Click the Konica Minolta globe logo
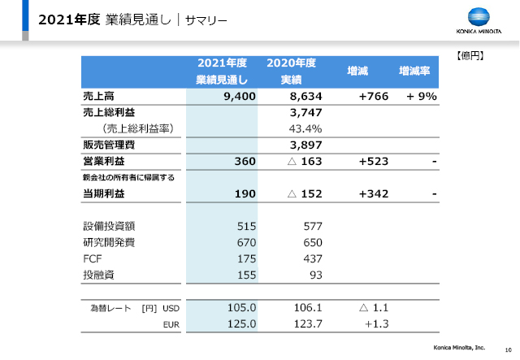coord(479,16)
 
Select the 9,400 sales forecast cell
coord(240,96)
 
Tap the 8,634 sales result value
coord(305,96)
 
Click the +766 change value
coord(374,96)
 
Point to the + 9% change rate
coord(422,96)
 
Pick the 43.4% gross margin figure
coord(305,128)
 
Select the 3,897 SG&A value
coord(305,145)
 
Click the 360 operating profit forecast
coord(245,161)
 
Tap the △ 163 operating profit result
coord(305,161)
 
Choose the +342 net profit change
coord(374,193)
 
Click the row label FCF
coord(92,258)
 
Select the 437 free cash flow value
coord(313,258)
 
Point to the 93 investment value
coord(316,275)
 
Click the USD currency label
coord(171,308)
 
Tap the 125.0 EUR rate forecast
coord(241,323)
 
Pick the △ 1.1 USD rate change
coord(374,307)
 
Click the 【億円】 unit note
coord(470,56)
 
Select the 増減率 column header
coord(414,71)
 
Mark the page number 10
coord(508,349)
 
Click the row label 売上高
coord(98,96)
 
